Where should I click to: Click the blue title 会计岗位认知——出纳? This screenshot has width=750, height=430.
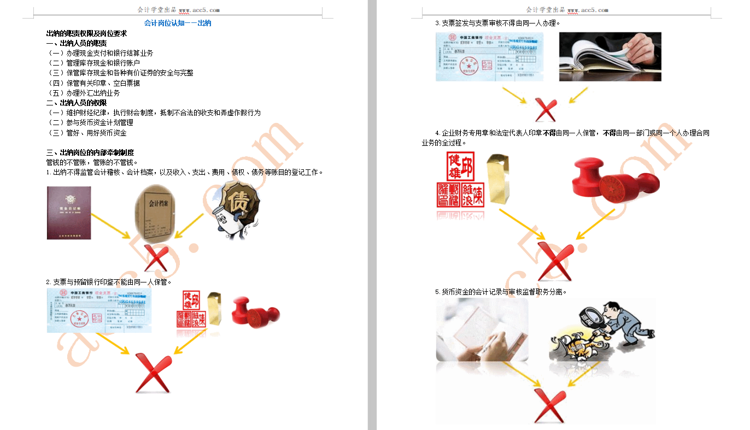(x=178, y=23)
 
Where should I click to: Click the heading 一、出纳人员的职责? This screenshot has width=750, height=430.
(x=77, y=43)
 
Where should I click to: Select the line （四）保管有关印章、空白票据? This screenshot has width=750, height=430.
(x=94, y=83)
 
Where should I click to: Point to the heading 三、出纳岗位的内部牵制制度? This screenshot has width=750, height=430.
(x=90, y=152)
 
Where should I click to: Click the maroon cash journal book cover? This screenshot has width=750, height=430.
(x=69, y=213)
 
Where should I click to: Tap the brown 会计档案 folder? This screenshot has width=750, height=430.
(x=157, y=210)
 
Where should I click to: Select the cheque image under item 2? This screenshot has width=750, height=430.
(x=99, y=310)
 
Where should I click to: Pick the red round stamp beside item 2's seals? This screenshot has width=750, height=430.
(x=255, y=312)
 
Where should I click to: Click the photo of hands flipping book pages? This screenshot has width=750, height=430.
(x=610, y=56)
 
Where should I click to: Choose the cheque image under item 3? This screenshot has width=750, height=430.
(x=489, y=56)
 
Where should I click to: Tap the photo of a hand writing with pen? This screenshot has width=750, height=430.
(x=482, y=330)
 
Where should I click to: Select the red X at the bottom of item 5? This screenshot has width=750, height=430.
(x=549, y=405)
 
